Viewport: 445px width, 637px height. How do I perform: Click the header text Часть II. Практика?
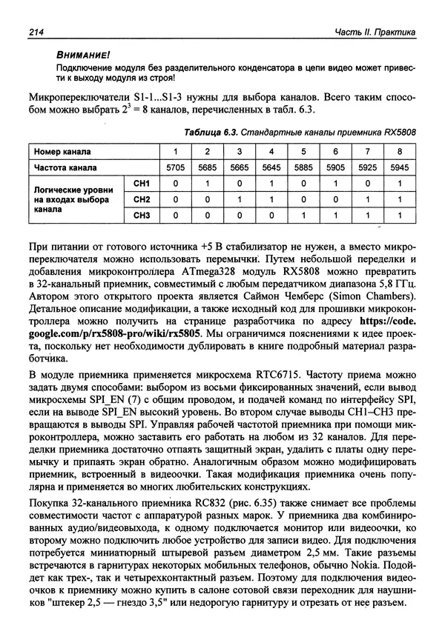point(376,31)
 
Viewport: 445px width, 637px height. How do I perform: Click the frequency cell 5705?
point(176,167)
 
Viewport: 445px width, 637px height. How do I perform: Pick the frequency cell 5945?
point(399,167)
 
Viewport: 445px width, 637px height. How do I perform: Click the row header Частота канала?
point(67,167)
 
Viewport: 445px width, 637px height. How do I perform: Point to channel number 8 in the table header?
point(399,151)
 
